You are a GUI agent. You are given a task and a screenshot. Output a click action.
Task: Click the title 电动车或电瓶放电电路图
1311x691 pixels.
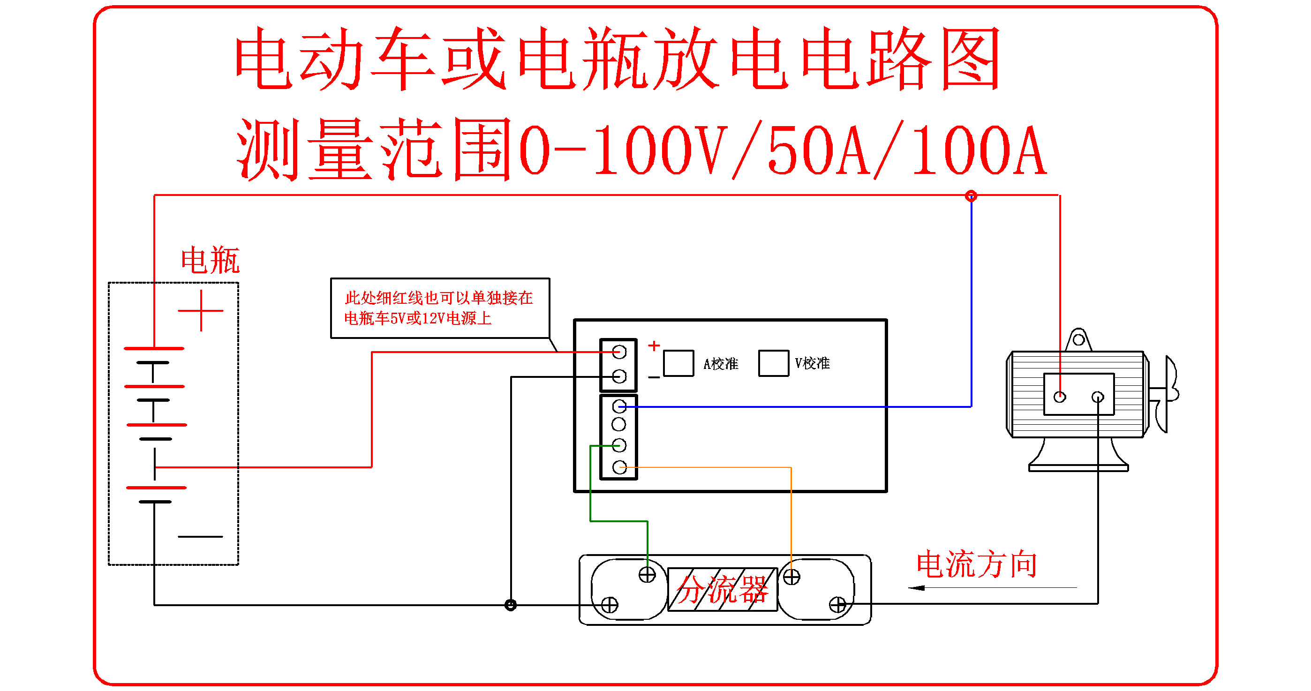617,59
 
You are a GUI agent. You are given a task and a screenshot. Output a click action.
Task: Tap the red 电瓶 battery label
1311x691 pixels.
210,260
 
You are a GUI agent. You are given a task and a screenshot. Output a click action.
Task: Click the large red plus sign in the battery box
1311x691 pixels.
201,310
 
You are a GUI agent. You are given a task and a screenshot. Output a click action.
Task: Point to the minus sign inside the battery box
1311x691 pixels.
200,536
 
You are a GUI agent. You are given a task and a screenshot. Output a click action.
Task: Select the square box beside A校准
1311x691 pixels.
678,363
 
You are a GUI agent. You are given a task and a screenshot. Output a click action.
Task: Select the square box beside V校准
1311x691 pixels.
774,363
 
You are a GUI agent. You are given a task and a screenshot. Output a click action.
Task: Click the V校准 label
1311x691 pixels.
812,363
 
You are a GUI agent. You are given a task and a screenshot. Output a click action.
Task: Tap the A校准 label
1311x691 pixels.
721,364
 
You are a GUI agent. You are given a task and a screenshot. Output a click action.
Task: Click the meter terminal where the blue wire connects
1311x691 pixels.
619,406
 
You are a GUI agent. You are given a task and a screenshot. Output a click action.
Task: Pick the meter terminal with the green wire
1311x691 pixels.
619,446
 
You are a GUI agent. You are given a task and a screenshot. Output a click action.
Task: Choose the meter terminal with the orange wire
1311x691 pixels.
619,467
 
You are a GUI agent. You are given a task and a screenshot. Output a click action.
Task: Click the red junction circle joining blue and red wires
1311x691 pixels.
971,196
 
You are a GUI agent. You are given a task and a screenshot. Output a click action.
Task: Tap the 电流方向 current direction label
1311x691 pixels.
977,565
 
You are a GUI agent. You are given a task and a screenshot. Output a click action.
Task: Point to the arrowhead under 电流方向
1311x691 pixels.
916,588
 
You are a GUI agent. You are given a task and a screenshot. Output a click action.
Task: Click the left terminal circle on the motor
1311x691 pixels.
1060,397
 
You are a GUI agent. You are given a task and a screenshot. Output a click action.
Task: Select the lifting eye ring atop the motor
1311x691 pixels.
1078,339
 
